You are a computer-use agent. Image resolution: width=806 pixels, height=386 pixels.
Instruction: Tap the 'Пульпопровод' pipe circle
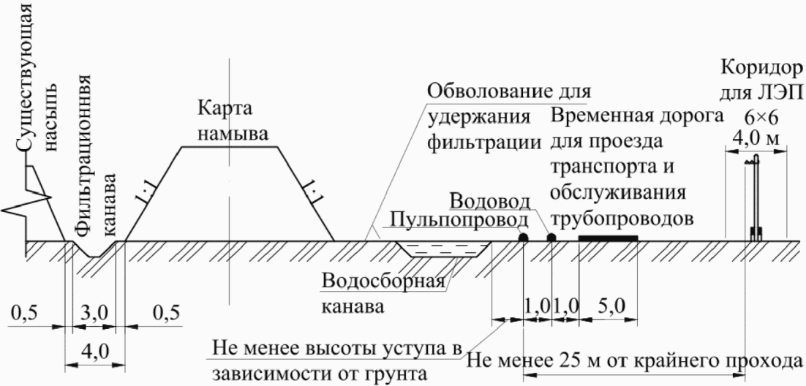click(x=523, y=238)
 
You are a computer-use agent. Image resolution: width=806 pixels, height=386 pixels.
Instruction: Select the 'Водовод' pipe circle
click(x=551, y=238)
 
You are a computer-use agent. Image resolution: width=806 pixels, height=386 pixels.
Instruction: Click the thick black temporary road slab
click(x=608, y=238)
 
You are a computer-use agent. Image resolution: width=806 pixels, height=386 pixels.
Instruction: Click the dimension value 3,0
click(x=94, y=312)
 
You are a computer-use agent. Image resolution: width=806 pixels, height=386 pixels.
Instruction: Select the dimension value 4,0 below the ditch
click(x=94, y=352)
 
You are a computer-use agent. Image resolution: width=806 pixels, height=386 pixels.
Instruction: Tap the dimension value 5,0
click(x=609, y=306)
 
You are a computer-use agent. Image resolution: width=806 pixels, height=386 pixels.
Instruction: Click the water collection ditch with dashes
click(x=442, y=249)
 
